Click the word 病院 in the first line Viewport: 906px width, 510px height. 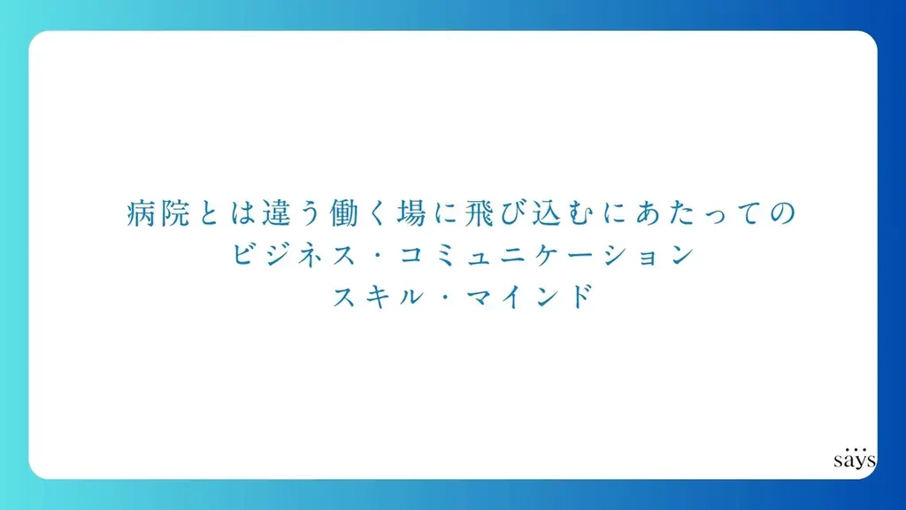pyautogui.click(x=158, y=214)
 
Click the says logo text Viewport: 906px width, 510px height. pyautogui.click(x=854, y=461)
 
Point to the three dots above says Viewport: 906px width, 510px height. pyautogui.click(x=855, y=446)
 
